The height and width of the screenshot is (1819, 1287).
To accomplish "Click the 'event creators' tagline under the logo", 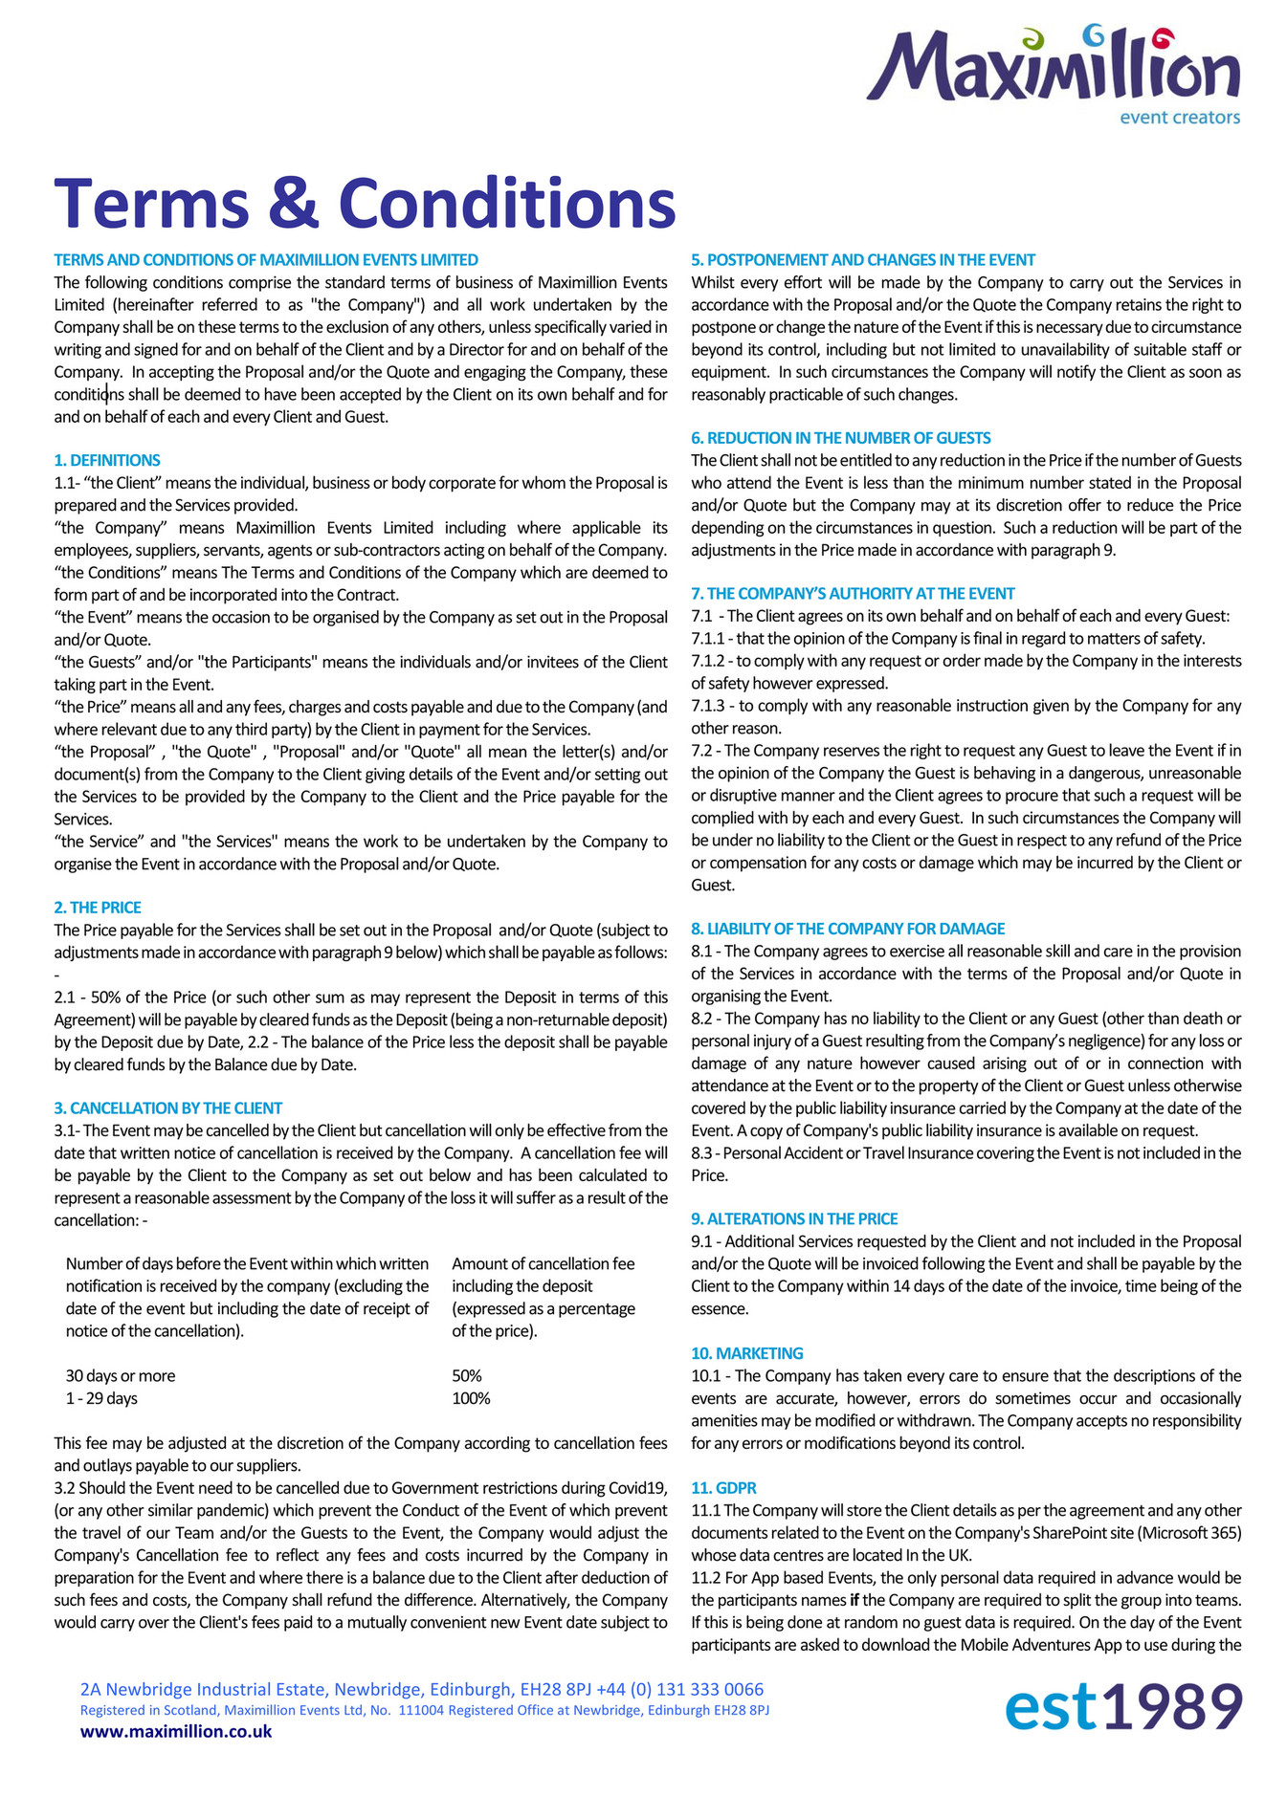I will pos(1179,118).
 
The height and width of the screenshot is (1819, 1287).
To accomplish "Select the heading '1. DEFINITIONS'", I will pos(107,460).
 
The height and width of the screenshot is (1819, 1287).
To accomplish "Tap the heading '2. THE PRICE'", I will pos(98,907).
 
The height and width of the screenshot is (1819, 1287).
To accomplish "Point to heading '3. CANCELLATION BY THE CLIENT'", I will pos(168,1107).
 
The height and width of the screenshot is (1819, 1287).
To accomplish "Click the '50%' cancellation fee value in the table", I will pos(467,1375).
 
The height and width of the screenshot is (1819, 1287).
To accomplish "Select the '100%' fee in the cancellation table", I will pos(471,1398).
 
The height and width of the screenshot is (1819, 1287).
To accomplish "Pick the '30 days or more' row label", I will pos(121,1375).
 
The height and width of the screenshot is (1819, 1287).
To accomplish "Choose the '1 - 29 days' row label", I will pos(101,1398).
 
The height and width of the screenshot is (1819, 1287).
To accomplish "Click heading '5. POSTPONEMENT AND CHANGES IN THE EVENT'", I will pos(863,259).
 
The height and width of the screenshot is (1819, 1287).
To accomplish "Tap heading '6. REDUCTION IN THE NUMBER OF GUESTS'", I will pos(841,437).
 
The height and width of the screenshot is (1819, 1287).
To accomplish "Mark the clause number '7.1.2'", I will pos(709,661).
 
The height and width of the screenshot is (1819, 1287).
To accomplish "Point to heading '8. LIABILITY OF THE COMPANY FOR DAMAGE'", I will pos(848,928).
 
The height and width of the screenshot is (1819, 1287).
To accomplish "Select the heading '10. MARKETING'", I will pos(747,1352).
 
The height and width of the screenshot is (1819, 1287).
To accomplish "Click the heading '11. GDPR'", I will pos(723,1487).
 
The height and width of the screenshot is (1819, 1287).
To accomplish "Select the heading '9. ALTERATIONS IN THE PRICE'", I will pos(794,1218).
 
